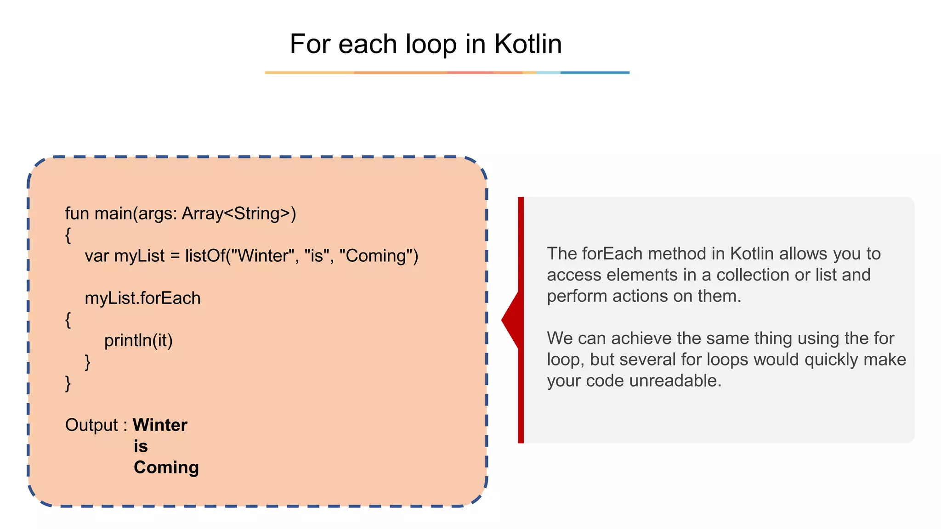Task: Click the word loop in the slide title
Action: [431, 44]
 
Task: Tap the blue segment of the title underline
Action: [595, 73]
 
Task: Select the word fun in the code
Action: [77, 214]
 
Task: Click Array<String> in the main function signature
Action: [237, 214]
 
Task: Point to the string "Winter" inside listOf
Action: [262, 256]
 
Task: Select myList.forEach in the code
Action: [142, 298]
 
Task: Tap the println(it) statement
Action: [138, 340]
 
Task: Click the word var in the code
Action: [96, 256]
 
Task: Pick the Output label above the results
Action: [92, 425]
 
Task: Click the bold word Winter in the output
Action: [160, 425]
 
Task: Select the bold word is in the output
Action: [141, 446]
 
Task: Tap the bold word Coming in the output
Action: [166, 467]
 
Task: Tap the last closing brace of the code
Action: [68, 383]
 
